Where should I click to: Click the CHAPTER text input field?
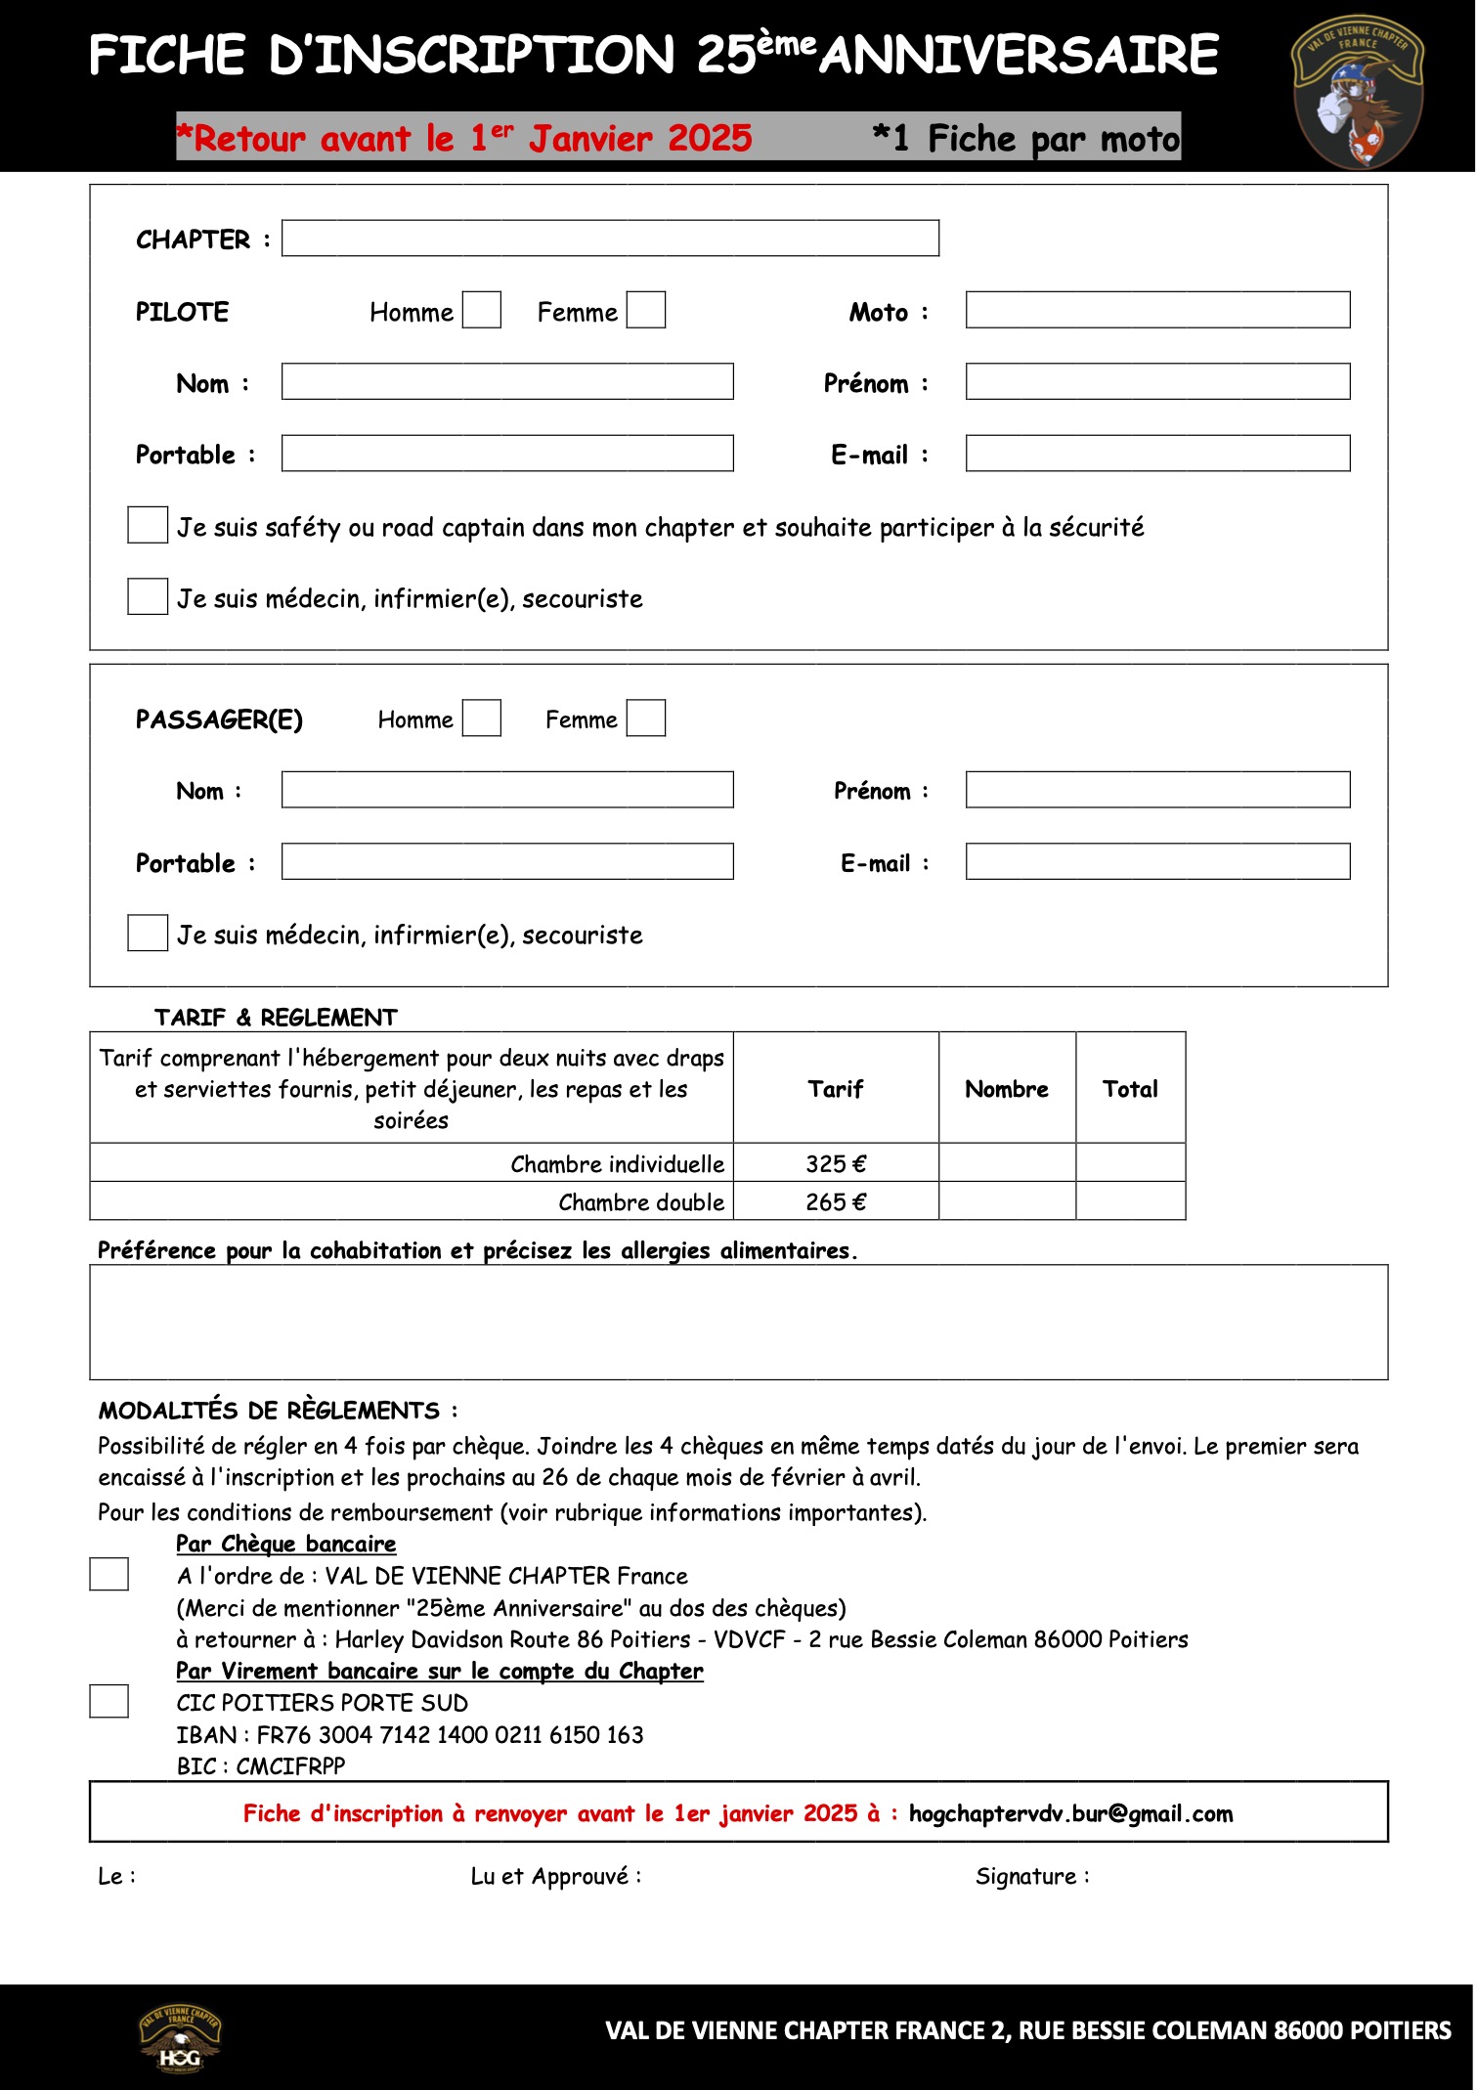[610, 239]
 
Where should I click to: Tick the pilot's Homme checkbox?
[481, 310]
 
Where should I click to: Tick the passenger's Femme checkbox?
[645, 718]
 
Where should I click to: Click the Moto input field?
[1157, 310]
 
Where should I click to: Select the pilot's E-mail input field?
[1157, 454]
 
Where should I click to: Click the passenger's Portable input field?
[507, 861]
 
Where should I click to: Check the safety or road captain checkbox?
[148, 526]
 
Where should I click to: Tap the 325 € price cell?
[836, 1163]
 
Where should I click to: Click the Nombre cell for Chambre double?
[1007, 1201]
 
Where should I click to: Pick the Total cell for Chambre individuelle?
[1130, 1163]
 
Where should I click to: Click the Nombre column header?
[1007, 1089]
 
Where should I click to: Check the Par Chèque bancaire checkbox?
[109, 1575]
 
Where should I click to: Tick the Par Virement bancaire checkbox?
[109, 1701]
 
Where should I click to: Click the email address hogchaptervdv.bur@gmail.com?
[1070, 1814]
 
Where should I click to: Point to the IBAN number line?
[410, 1735]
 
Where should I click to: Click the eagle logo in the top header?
[1358, 90]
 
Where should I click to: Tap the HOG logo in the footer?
[181, 2039]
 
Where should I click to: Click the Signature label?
[1031, 1876]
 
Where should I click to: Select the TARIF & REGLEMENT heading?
[276, 1018]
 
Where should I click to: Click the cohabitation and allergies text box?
[738, 1322]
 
